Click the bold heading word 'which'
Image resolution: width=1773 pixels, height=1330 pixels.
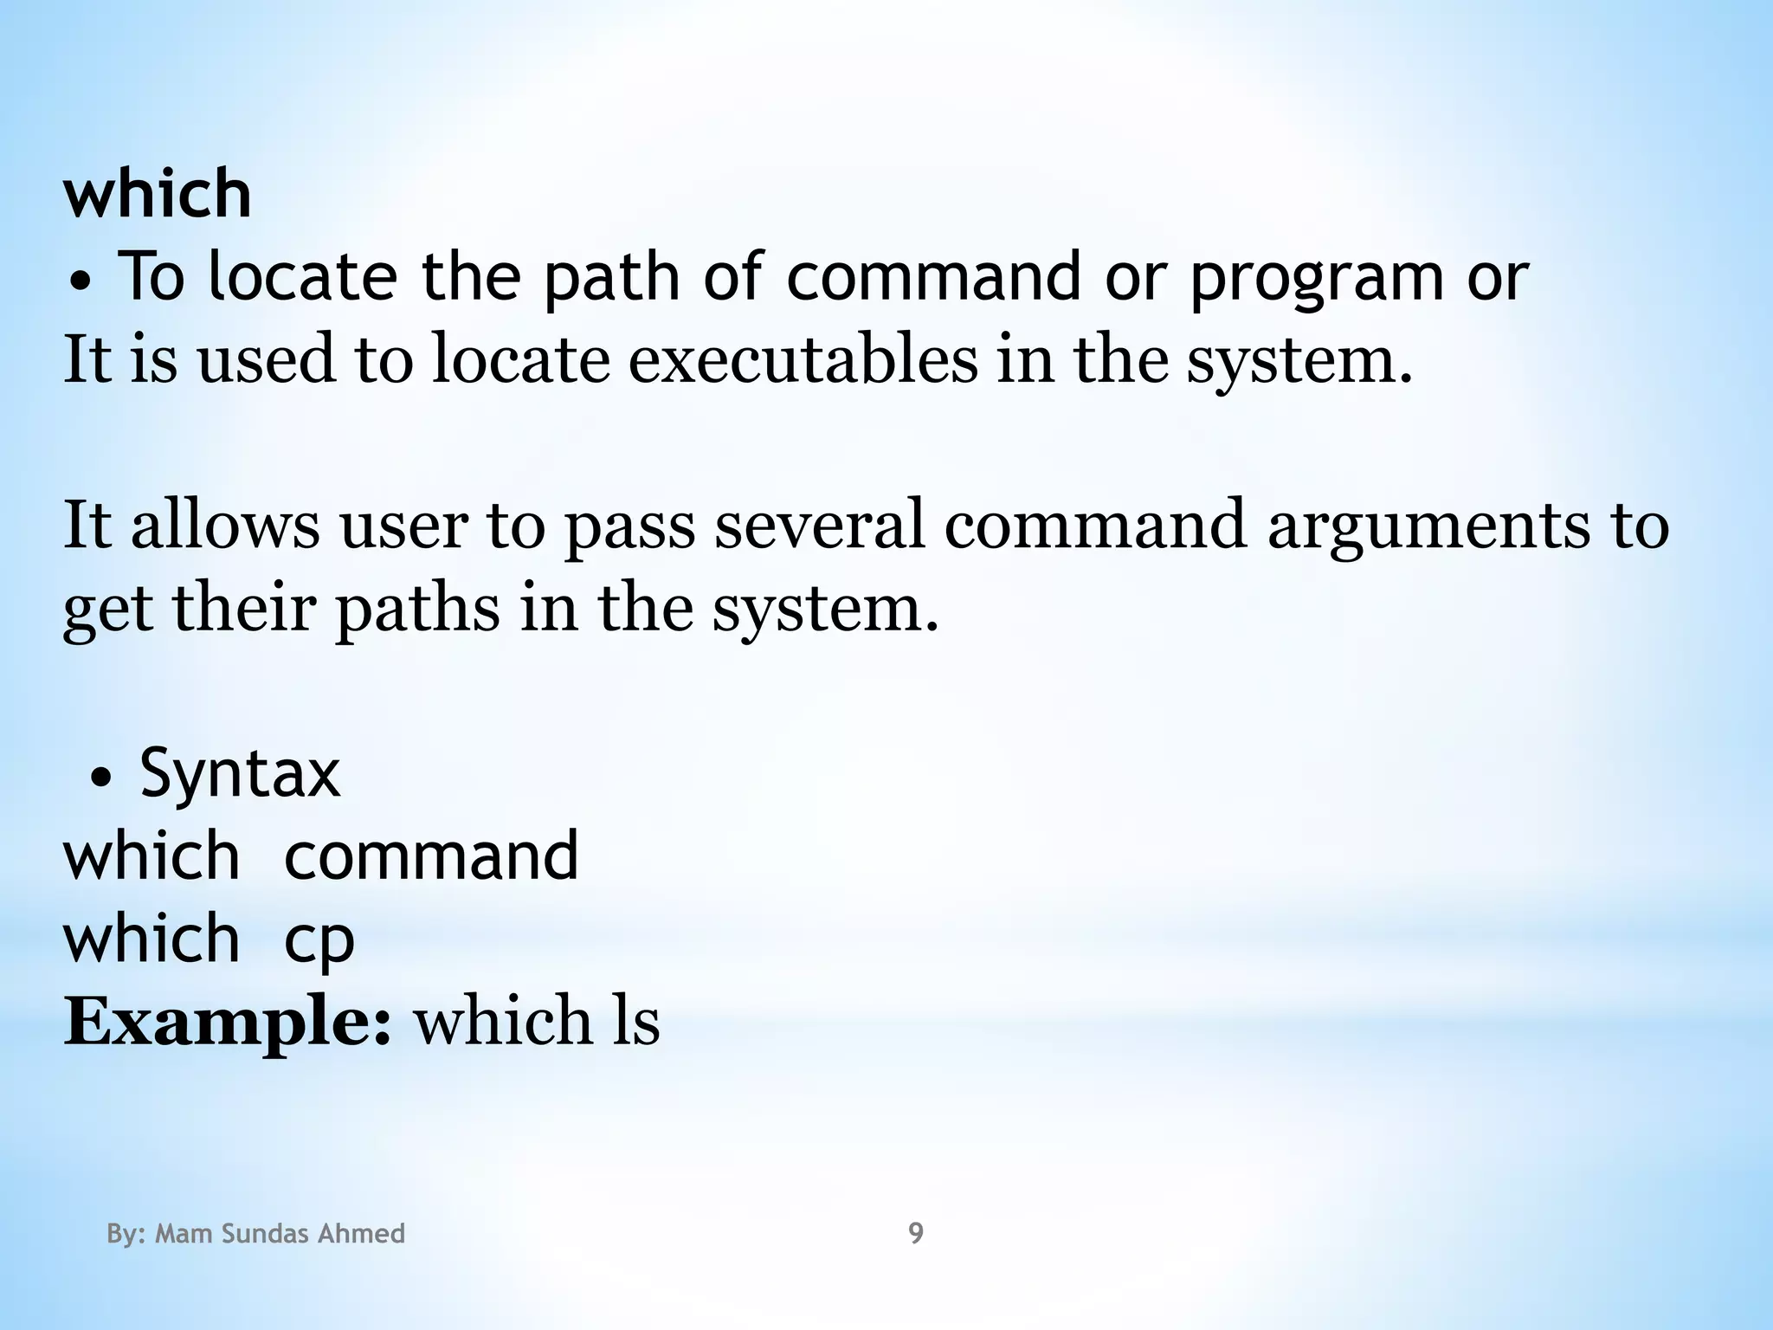pyautogui.click(x=158, y=193)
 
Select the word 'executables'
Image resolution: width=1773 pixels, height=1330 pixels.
pyautogui.click(x=803, y=359)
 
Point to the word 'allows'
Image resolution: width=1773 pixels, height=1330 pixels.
pyautogui.click(x=225, y=526)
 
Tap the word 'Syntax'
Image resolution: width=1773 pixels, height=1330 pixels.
pyautogui.click(x=240, y=773)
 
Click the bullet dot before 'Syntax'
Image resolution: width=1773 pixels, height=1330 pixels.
pyautogui.click(x=101, y=779)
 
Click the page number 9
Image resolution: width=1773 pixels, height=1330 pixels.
pyautogui.click(x=915, y=1233)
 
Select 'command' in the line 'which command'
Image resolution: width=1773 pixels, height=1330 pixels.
pyautogui.click(x=431, y=856)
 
